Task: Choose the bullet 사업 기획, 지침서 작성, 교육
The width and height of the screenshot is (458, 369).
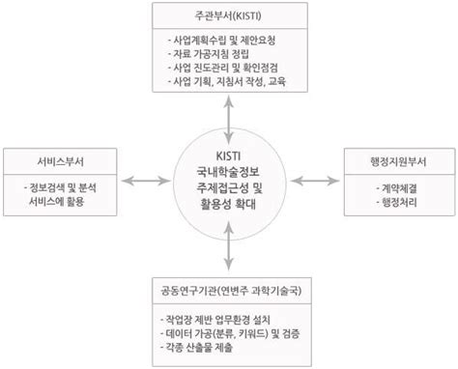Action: pyautogui.click(x=232, y=85)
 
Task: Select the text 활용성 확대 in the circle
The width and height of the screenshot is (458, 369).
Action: pyautogui.click(x=229, y=205)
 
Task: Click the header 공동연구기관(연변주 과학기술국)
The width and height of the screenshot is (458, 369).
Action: pyautogui.click(x=229, y=289)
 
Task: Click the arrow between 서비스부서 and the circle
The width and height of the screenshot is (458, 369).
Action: pyautogui.click(x=141, y=180)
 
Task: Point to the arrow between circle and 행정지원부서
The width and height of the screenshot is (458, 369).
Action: pyautogui.click(x=318, y=180)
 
